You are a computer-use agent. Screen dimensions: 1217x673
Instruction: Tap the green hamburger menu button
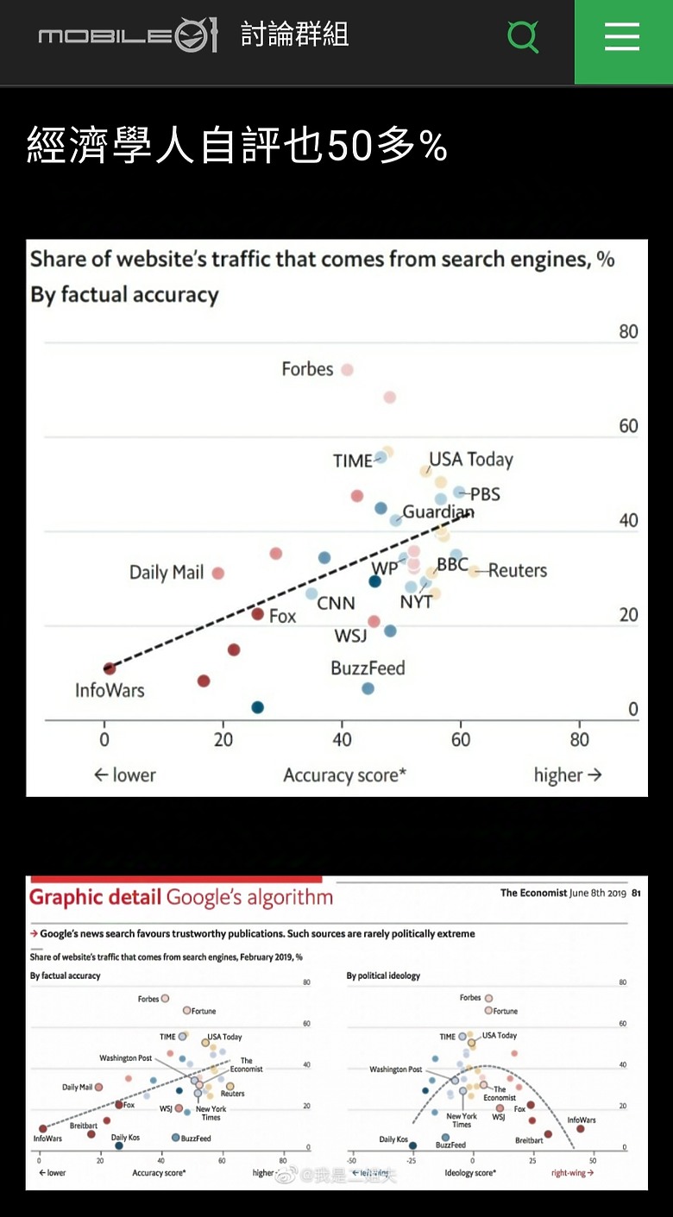pos(622,37)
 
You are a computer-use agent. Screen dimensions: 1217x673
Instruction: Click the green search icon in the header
pos(523,36)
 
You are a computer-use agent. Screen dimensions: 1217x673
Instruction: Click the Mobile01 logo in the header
pos(128,36)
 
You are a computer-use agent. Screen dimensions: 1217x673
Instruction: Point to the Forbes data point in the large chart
pos(347,370)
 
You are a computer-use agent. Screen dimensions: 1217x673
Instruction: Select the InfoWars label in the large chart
pos(110,690)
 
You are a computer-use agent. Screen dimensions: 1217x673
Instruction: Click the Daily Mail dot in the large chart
pos(218,573)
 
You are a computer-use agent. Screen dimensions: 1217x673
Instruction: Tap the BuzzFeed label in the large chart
pos(368,668)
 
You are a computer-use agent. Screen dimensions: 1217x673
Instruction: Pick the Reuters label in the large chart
pos(518,570)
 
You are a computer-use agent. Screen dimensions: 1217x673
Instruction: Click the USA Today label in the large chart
pos(471,459)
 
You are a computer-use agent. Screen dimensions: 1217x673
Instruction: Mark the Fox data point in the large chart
pos(257,614)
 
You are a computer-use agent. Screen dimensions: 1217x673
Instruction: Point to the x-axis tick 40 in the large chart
pos(342,739)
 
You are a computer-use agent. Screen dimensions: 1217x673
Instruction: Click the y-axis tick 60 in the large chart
pos(628,425)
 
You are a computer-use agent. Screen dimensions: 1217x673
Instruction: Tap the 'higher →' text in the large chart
pos(567,775)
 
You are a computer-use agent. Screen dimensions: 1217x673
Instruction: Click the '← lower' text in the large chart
pos(125,775)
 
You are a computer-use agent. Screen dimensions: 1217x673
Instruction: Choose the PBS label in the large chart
pos(485,494)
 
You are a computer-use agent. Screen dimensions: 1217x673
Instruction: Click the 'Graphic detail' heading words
pos(95,897)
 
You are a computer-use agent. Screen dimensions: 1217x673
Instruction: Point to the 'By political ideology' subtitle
pos(383,975)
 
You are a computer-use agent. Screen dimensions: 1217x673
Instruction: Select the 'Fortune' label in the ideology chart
pos(506,1011)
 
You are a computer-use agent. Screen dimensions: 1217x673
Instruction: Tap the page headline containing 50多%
pos(237,145)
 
